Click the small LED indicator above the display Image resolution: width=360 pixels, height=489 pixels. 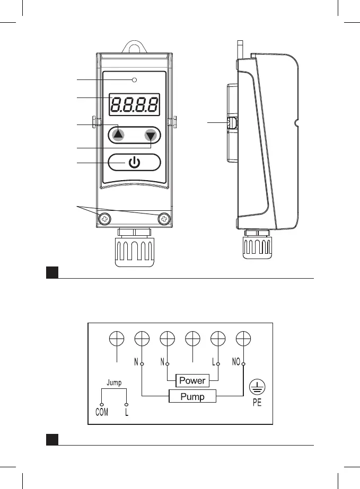point(135,80)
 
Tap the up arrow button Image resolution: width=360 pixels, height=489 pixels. point(118,135)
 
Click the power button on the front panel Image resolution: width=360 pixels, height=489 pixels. point(134,162)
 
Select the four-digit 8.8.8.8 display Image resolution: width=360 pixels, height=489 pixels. point(134,104)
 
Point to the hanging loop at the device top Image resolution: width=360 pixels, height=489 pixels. point(134,46)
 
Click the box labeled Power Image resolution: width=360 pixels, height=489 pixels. point(192,380)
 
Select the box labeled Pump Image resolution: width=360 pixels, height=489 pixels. point(192,397)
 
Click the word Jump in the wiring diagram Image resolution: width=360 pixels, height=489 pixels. point(114,381)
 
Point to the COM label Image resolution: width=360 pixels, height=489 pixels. point(101,412)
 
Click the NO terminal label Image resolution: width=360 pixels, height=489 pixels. point(237,363)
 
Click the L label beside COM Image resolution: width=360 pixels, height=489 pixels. point(127,412)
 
